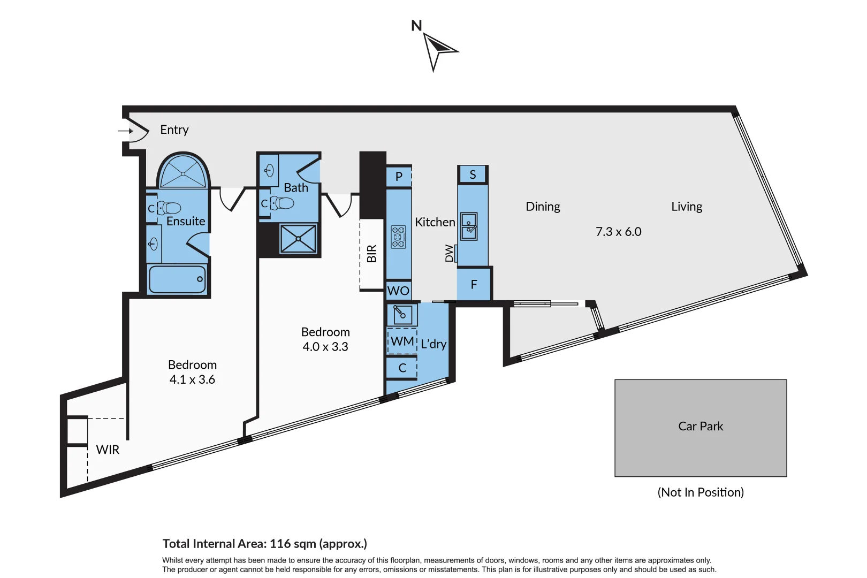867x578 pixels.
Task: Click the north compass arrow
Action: [x=437, y=49]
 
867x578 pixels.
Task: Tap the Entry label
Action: [x=174, y=130]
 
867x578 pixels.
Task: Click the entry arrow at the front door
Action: [x=126, y=131]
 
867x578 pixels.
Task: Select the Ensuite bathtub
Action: [x=177, y=279]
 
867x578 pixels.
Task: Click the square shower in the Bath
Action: [x=298, y=239]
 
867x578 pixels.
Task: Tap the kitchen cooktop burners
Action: [x=398, y=237]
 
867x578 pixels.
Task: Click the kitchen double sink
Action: [x=469, y=226]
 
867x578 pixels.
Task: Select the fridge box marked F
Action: [x=474, y=285]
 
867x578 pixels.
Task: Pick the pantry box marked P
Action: [x=399, y=176]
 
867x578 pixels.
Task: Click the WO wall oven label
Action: [x=398, y=291]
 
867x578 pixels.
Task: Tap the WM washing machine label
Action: [x=402, y=341]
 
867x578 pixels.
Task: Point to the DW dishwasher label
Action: [x=450, y=253]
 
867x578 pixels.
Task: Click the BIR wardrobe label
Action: [x=372, y=253]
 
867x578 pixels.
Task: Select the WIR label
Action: [x=108, y=450]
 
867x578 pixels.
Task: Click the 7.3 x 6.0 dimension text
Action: [x=618, y=232]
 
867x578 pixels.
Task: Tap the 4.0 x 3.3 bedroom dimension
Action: [x=325, y=347]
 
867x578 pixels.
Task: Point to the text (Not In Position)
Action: [x=701, y=492]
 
